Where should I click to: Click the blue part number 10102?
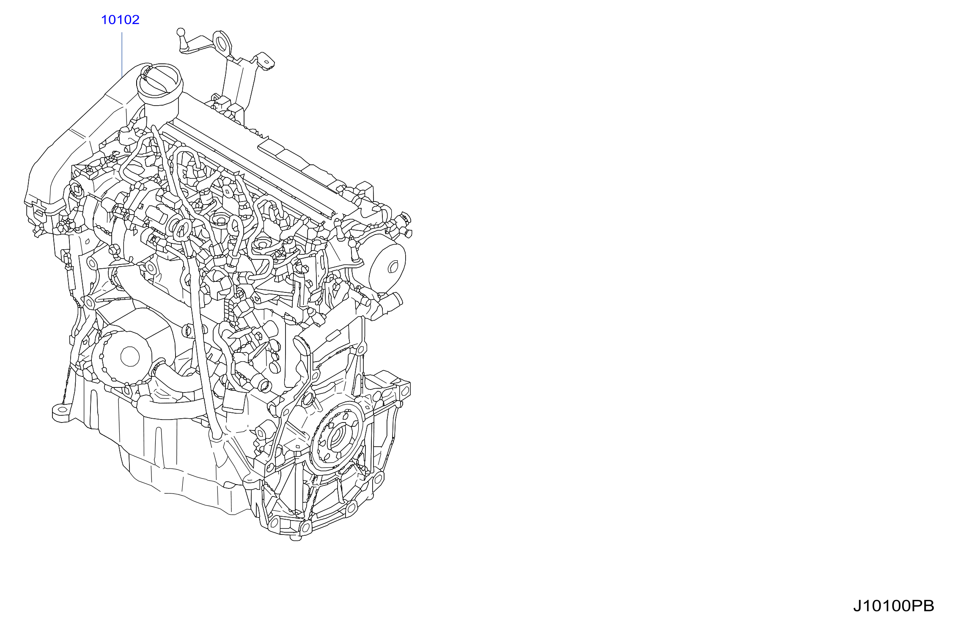tap(120, 20)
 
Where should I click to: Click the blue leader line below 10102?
tap(122, 55)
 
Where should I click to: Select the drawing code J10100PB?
tap(893, 606)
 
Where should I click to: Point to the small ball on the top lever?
tap(181, 32)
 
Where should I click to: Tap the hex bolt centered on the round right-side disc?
tap(392, 267)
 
